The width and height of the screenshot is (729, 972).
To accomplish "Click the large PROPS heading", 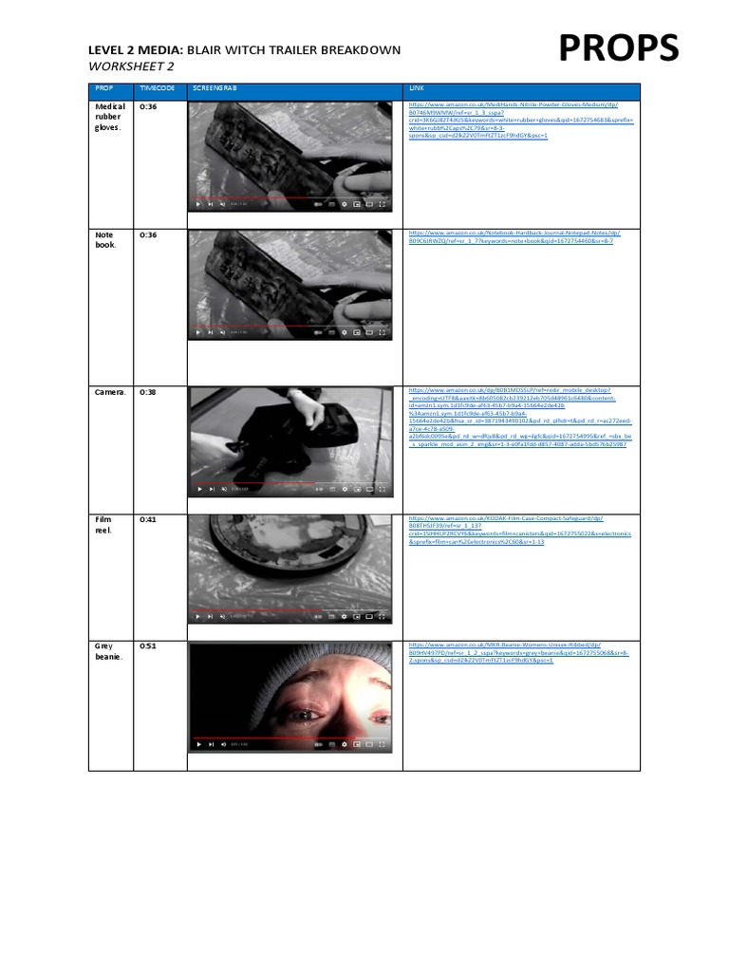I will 618,48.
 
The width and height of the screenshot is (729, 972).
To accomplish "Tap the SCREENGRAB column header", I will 215,88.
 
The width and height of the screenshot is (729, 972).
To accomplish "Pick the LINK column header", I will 418,88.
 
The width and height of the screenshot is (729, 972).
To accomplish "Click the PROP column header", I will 103,88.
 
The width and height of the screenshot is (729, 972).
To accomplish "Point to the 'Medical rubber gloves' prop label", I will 110,117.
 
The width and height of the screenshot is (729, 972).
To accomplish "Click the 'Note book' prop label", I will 104,239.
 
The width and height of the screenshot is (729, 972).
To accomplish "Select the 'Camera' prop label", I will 110,391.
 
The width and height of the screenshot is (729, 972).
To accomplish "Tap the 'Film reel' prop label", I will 103,525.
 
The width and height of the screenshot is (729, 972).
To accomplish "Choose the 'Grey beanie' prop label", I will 106,651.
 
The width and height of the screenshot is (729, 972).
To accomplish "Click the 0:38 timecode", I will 148,391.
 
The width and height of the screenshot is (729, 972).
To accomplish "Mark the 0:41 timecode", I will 148,519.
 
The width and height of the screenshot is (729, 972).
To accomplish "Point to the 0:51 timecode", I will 148,645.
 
